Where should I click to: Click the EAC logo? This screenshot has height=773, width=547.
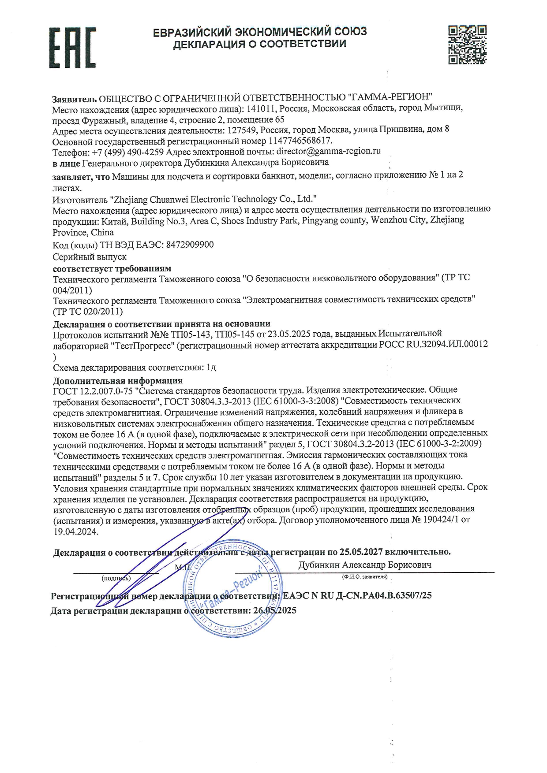[x=72, y=47]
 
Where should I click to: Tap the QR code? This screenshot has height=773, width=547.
[x=467, y=45]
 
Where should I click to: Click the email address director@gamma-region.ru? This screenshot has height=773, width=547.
[x=328, y=151]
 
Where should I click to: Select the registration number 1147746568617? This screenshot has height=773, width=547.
[x=299, y=141]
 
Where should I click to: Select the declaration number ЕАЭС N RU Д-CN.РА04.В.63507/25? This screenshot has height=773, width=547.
[x=357, y=595]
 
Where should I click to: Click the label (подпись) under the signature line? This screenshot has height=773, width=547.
[x=116, y=577]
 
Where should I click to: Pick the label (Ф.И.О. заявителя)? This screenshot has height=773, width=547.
[x=364, y=576]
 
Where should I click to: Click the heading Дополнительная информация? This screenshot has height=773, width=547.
[x=117, y=380]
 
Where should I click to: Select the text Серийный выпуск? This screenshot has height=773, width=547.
[x=90, y=256]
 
